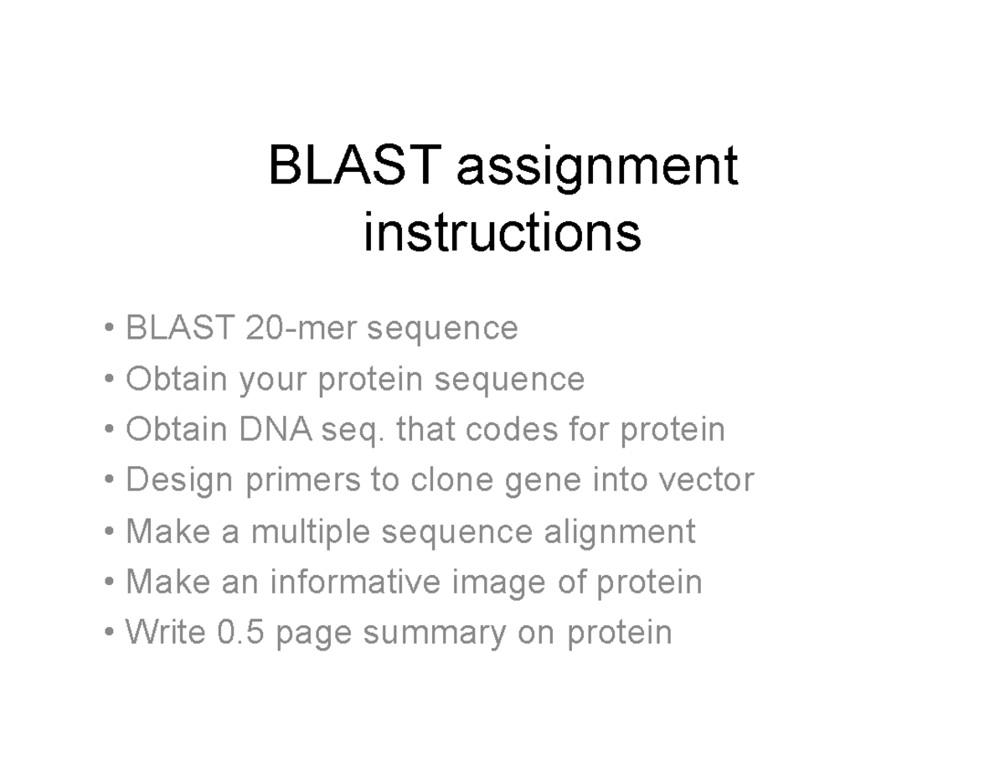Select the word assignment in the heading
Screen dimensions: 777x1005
[596, 168]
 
